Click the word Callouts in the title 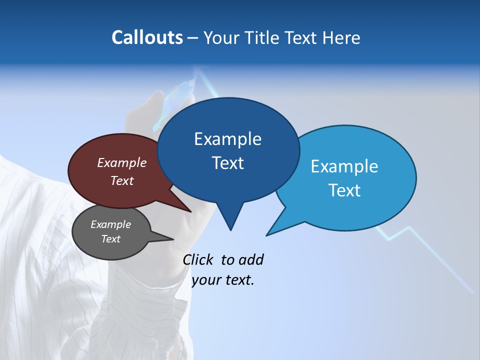point(147,37)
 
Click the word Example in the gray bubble point(110,224)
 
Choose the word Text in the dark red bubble point(122,180)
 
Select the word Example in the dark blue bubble point(227,139)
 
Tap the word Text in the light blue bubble point(345,190)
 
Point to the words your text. point(223,280)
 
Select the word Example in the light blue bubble point(344,166)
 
